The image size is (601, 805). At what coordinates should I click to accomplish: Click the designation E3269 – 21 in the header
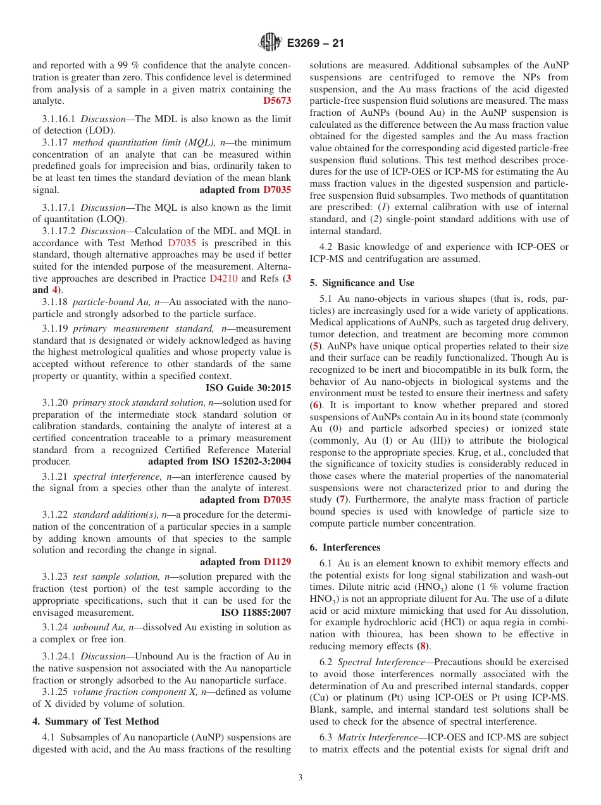click(316, 44)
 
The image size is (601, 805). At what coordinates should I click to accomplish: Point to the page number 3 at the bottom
click(300, 778)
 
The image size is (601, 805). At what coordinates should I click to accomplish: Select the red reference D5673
click(277, 101)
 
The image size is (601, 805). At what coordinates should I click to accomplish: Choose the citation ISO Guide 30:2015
click(249, 388)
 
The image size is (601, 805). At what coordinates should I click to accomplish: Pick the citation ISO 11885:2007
click(256, 613)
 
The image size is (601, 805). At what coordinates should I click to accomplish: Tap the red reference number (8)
click(424, 646)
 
